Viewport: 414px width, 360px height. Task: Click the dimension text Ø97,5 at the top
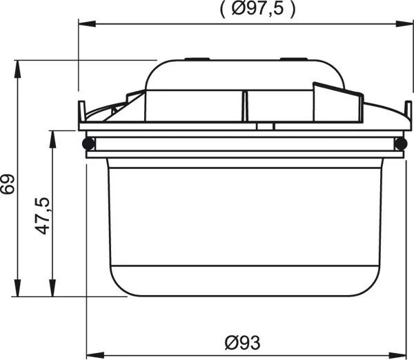pyautogui.click(x=257, y=8)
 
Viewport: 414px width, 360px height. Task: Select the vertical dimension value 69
pyautogui.click(x=8, y=184)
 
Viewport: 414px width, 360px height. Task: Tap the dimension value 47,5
pyautogui.click(x=43, y=216)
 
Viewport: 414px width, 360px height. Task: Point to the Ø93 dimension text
pyautogui.click(x=243, y=343)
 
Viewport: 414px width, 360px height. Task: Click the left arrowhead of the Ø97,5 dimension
pyautogui.click(x=87, y=24)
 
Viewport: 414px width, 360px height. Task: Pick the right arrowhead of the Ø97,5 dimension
pyautogui.click(x=404, y=24)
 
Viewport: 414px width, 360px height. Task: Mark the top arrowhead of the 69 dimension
pyautogui.click(x=17, y=69)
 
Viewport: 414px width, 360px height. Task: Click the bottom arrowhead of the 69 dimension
pyautogui.click(x=17, y=288)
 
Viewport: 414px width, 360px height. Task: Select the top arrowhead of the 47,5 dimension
pyautogui.click(x=53, y=139)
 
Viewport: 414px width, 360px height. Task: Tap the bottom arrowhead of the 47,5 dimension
pyautogui.click(x=53, y=288)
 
